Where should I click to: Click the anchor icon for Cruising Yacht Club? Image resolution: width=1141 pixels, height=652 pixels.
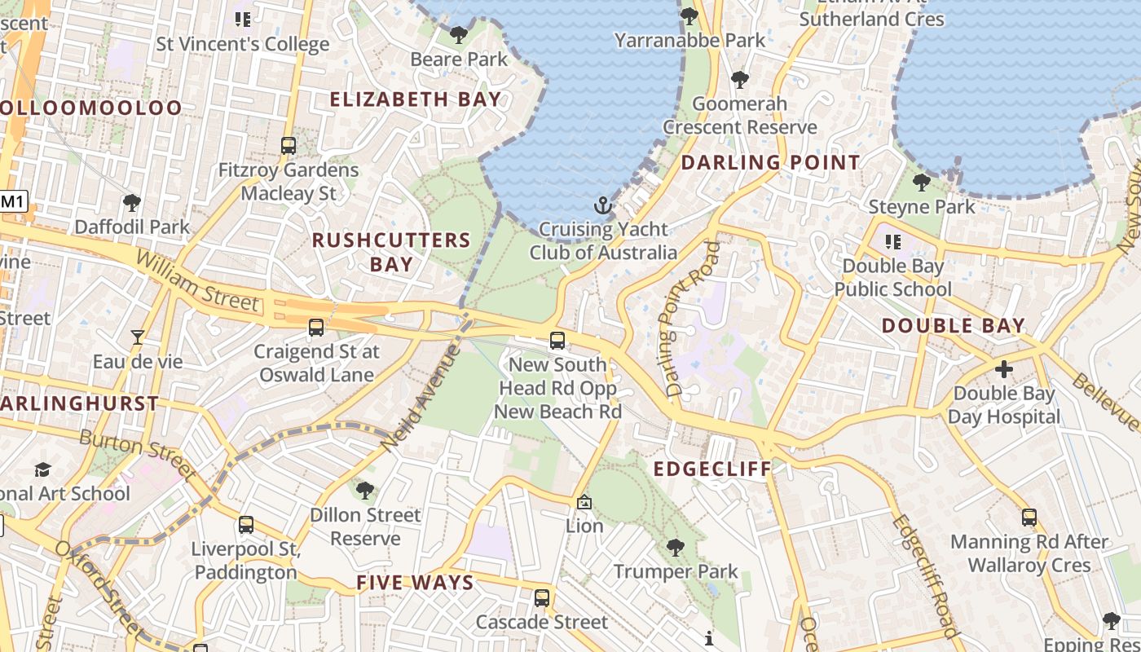tap(602, 205)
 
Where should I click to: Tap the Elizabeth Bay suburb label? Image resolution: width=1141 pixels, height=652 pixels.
tap(416, 99)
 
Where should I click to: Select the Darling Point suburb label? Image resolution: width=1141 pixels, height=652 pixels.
tap(770, 162)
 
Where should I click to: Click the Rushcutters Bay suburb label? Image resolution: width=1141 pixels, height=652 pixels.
tap(391, 252)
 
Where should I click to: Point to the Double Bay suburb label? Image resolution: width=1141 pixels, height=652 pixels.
tap(954, 326)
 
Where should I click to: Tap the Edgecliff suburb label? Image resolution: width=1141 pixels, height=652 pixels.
tap(713, 469)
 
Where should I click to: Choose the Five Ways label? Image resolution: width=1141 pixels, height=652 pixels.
tap(415, 582)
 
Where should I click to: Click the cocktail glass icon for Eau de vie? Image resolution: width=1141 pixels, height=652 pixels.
tap(138, 337)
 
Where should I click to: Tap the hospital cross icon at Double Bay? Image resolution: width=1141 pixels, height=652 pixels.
tap(1004, 368)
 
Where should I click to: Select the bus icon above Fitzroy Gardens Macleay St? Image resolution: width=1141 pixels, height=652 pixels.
tap(289, 146)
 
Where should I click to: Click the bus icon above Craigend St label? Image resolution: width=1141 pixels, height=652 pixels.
tap(316, 328)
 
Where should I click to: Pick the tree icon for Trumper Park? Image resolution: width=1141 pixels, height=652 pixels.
tap(675, 547)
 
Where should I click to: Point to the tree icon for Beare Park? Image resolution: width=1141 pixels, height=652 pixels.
tap(459, 34)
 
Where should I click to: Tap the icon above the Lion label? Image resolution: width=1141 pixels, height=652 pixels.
tap(584, 503)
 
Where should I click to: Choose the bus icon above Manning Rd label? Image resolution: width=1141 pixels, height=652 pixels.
tap(1029, 517)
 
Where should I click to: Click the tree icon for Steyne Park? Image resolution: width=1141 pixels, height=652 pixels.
tap(922, 182)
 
